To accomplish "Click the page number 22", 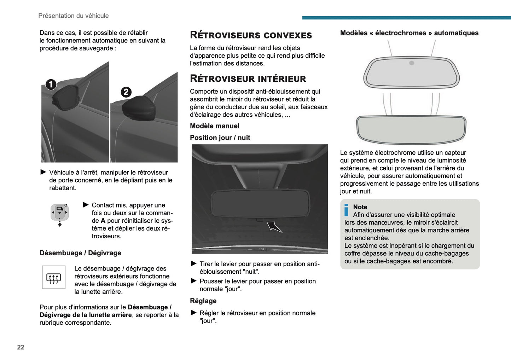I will click(x=21, y=347).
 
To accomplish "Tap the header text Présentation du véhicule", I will click(x=74, y=16).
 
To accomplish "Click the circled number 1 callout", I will click(x=51, y=85).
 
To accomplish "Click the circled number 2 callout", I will click(x=126, y=92).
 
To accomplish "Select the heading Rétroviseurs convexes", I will click(x=251, y=35).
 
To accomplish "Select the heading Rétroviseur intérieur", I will click(x=248, y=79).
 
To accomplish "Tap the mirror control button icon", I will click(x=59, y=212).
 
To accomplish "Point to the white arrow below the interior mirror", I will click(x=274, y=227).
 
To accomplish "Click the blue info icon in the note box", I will click(x=347, y=210).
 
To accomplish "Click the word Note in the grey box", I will click(x=360, y=207).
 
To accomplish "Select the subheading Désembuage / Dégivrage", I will click(x=80, y=253).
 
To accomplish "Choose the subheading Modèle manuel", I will click(x=214, y=126).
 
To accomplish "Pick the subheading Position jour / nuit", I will click(x=220, y=138).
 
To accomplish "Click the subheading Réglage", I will click(x=203, y=301).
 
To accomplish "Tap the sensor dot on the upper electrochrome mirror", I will click(x=412, y=63).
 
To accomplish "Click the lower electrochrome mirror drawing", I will click(x=411, y=129).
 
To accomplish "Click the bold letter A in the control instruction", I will click(x=103, y=221).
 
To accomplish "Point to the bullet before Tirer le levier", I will click(x=193, y=263).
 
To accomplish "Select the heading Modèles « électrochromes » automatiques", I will click(x=409, y=33).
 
